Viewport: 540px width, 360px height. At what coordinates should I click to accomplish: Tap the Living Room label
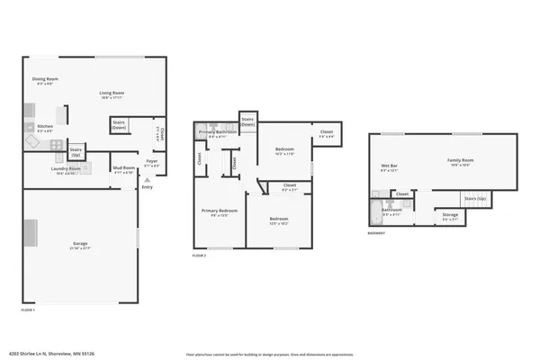click(x=111, y=94)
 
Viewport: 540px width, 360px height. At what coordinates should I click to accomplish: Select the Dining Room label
click(x=45, y=81)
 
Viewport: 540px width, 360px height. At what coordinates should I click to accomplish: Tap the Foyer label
click(x=152, y=165)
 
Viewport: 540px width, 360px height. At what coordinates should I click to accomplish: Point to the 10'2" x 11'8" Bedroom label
click(x=284, y=151)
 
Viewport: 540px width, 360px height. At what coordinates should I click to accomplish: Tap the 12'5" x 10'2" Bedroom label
click(x=277, y=221)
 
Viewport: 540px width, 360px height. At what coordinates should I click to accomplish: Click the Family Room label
click(x=460, y=162)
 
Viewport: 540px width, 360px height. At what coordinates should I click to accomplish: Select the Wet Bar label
click(x=389, y=167)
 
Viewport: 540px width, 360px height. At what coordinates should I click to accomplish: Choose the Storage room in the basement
click(x=449, y=217)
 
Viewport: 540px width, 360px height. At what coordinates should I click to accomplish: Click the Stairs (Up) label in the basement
click(x=474, y=198)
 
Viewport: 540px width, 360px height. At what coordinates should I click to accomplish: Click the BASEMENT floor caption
click(x=376, y=233)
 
